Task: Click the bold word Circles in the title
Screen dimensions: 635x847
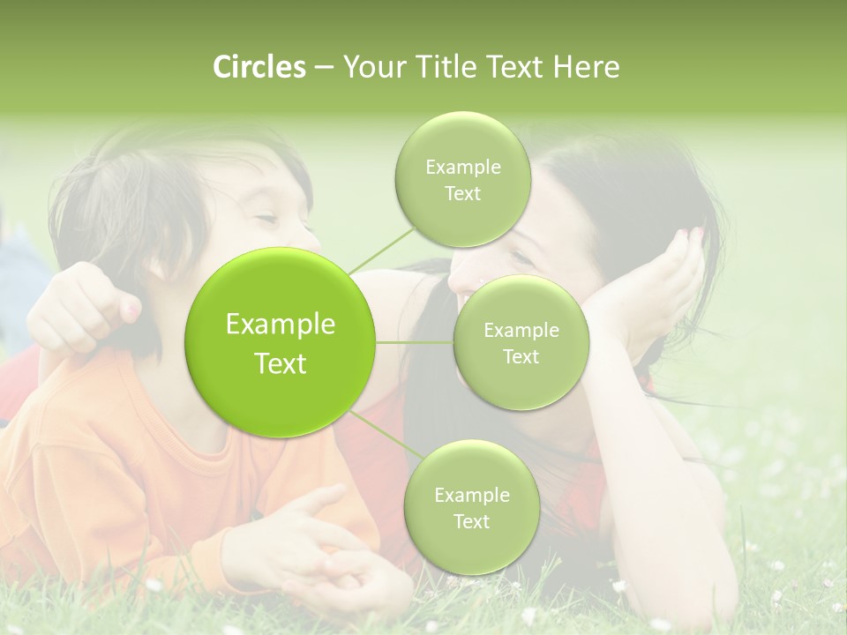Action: click(259, 67)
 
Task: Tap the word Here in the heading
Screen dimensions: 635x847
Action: click(586, 67)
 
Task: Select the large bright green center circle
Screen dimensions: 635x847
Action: click(281, 342)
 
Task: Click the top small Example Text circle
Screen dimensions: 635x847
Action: click(462, 180)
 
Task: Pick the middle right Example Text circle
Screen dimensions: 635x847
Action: click(521, 342)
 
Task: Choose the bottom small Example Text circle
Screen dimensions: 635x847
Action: click(471, 507)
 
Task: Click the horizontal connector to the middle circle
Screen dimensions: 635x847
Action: click(415, 342)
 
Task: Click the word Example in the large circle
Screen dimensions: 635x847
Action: click(281, 325)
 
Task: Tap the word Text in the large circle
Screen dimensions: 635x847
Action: click(281, 363)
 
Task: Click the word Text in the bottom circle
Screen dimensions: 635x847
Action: click(471, 521)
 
